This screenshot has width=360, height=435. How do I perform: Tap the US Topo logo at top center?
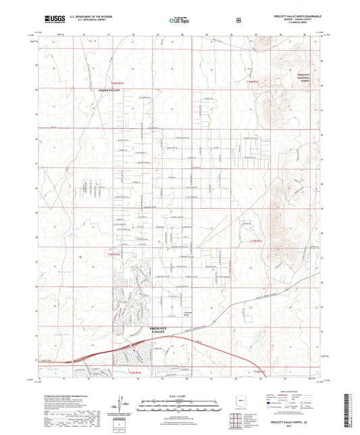tap(179, 20)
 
